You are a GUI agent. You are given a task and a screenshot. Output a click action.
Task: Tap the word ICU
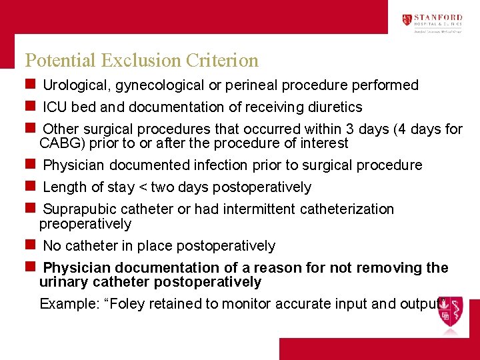[55, 107]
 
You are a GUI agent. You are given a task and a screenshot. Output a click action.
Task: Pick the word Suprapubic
[75, 209]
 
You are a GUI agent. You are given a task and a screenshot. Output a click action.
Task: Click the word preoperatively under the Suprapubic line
[85, 224]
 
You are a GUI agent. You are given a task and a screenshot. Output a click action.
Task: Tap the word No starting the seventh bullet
[51, 246]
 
